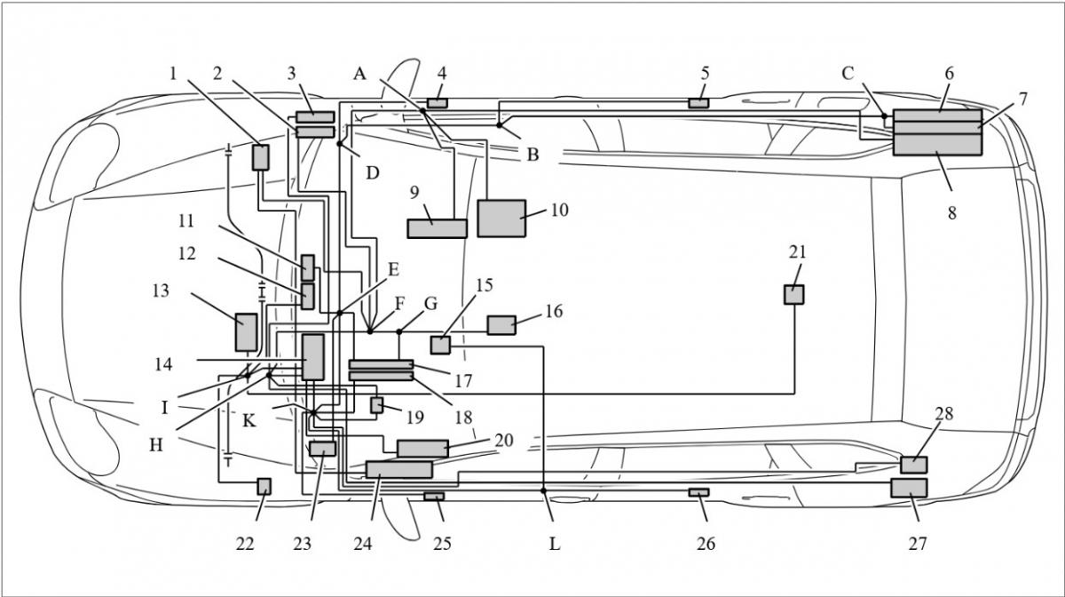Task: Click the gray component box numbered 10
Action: coord(501,219)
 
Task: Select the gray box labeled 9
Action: coord(438,228)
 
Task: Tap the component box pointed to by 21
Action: coord(794,295)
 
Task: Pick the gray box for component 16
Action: coord(501,325)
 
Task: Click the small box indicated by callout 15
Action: coord(441,346)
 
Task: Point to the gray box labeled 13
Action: coord(247,332)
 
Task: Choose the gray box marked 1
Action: coord(261,157)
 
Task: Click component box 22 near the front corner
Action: coord(264,487)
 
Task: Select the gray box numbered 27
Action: coord(909,488)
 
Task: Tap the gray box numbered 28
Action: coord(914,465)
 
